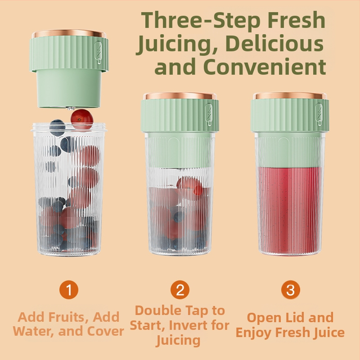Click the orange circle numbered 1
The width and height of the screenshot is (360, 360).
69,289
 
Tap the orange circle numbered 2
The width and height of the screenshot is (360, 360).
180,289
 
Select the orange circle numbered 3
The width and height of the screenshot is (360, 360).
291,289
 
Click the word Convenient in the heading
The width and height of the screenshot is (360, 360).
265,67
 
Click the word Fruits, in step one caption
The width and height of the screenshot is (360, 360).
69,317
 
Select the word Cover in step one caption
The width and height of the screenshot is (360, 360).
106,331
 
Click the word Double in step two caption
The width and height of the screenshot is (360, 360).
158,310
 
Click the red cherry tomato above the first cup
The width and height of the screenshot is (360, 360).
82,120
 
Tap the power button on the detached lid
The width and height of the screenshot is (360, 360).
98,52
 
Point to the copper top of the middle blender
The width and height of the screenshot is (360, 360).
180,96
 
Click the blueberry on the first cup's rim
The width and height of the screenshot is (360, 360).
57,128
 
